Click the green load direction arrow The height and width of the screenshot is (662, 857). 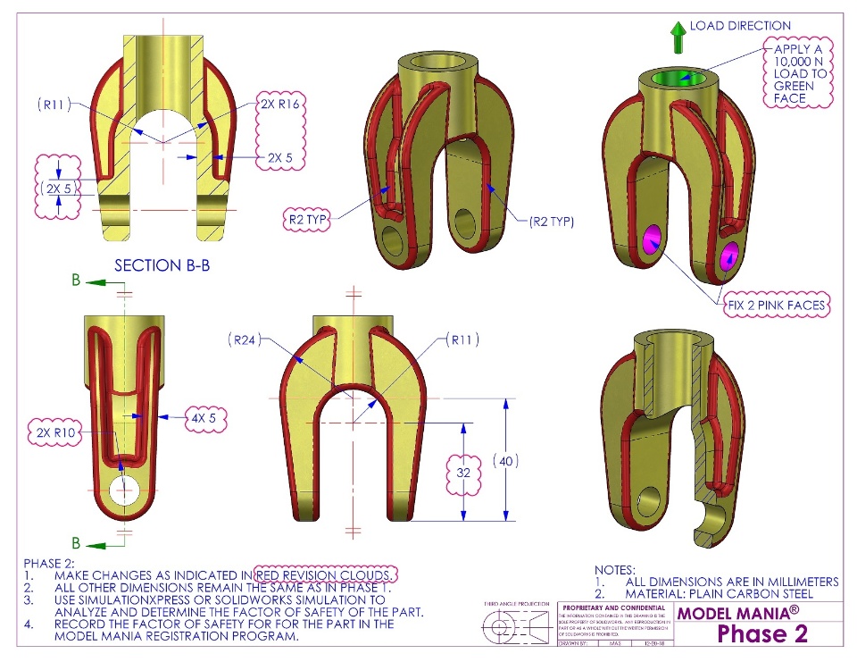tap(678, 38)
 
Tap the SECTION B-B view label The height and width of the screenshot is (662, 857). tap(162, 265)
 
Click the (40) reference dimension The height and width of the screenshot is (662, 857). tap(504, 461)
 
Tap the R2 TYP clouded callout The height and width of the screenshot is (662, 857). tap(306, 217)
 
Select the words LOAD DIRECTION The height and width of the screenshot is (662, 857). tap(740, 26)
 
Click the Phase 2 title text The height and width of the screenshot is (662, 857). tap(762, 633)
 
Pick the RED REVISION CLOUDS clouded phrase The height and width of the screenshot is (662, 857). tap(326, 574)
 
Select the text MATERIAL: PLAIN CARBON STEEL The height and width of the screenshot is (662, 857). tap(720, 593)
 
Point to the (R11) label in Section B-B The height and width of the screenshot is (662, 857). tap(55, 105)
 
